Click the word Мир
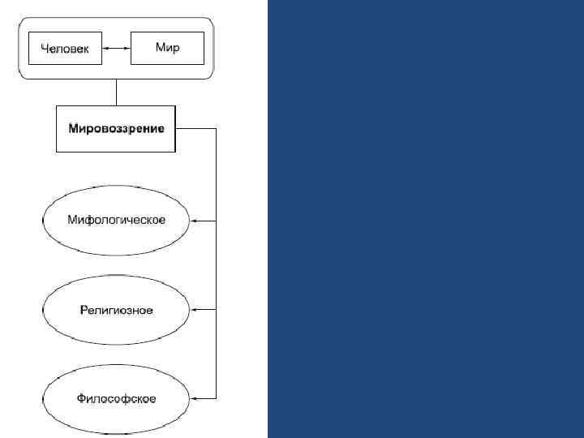167,48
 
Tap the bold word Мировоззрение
116,128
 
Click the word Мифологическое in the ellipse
116,221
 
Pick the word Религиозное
116,310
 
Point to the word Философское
116,398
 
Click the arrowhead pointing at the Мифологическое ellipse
195,221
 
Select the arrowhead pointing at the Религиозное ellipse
195,309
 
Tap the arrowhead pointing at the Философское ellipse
195,397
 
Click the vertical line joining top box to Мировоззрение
117,92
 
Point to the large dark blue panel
425,219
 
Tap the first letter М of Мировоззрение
74,128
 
